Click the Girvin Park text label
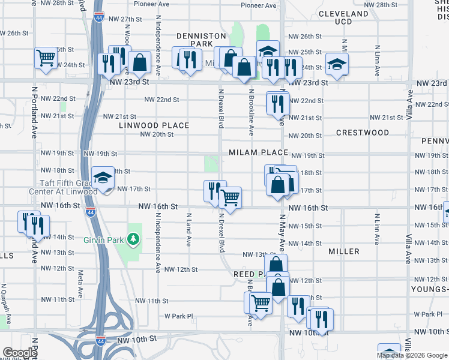tap(103, 239)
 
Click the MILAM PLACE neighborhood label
tap(258, 153)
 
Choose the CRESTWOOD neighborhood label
tap(362, 133)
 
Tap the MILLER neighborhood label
tap(343, 253)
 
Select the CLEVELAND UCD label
tap(343, 17)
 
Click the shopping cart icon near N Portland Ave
tap(45, 58)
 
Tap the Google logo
tap(20, 353)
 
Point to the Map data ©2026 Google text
tap(412, 355)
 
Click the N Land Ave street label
tap(188, 230)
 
